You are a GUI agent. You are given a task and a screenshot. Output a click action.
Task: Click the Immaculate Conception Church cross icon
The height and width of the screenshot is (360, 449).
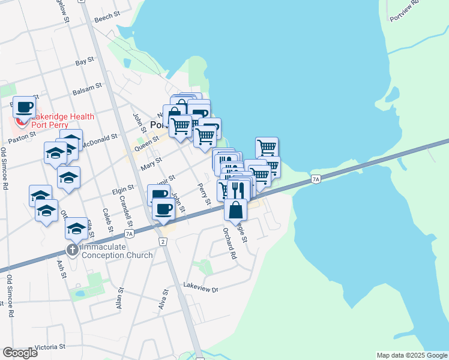point(72,249)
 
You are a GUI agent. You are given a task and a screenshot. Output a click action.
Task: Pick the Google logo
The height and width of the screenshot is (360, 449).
point(20,352)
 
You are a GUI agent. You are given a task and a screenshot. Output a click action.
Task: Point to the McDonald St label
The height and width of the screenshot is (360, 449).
point(100,140)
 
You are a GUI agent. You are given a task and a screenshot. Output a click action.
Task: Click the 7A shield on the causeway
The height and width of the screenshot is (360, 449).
point(316,179)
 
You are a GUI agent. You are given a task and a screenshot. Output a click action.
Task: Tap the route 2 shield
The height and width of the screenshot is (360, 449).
point(162,241)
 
